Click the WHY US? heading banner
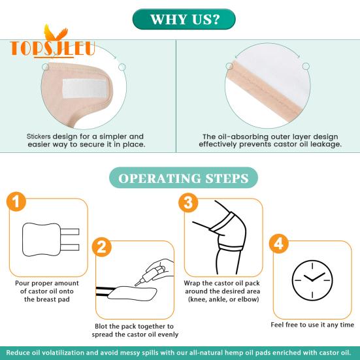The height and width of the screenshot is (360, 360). pos(184,20)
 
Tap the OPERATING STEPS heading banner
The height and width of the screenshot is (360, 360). pos(184,178)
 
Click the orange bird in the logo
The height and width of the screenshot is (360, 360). pos(56,33)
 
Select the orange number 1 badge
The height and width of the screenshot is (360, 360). pos(16,201)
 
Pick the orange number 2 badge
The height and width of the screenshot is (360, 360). pos(102,247)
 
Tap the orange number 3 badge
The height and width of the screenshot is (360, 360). pos(188,203)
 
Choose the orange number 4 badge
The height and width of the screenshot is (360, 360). pos(279,244)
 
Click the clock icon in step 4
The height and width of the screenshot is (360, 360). pos(312,280)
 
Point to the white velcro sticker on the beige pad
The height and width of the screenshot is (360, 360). pos(84,89)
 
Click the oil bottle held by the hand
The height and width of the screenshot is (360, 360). pos(149,275)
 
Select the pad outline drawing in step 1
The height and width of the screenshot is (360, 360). pos(50,240)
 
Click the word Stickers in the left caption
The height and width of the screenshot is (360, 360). pos(39,137)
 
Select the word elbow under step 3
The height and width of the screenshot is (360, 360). pos(250,299)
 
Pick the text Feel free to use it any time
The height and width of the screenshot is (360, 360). pos(312,325)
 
